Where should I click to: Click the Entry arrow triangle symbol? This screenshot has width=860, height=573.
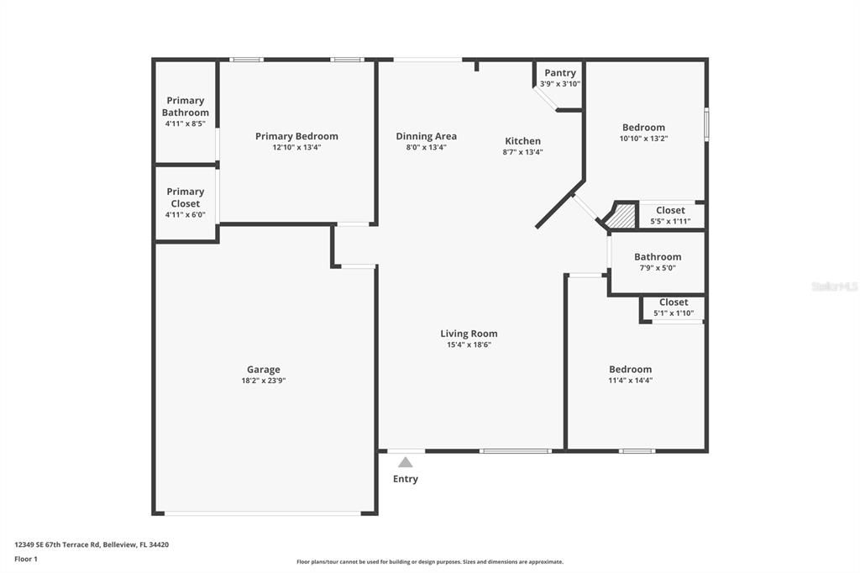pyautogui.click(x=406, y=462)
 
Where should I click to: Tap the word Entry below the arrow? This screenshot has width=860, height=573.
pyautogui.click(x=406, y=479)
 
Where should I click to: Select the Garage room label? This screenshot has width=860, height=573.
pyautogui.click(x=264, y=370)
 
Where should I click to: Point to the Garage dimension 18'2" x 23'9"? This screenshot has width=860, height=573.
pyautogui.click(x=264, y=381)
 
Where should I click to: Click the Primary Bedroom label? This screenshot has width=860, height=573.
pyautogui.click(x=296, y=136)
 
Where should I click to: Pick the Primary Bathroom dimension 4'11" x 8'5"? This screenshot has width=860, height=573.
pyautogui.click(x=186, y=124)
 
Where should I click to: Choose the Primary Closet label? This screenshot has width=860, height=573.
pyautogui.click(x=186, y=197)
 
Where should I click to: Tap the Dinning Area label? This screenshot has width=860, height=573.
pyautogui.click(x=427, y=136)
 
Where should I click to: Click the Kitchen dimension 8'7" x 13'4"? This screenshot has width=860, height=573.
pyautogui.click(x=522, y=152)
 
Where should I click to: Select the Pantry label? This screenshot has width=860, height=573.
pyautogui.click(x=560, y=73)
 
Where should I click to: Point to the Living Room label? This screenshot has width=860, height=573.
pyautogui.click(x=469, y=334)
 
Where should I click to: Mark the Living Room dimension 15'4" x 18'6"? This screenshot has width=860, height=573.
pyautogui.click(x=469, y=344)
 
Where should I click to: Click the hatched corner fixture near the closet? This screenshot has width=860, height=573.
pyautogui.click(x=621, y=217)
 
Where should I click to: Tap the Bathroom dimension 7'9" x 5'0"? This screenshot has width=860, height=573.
pyautogui.click(x=658, y=268)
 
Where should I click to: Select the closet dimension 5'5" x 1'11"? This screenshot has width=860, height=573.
pyautogui.click(x=670, y=222)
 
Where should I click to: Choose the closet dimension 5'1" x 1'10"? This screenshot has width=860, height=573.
pyautogui.click(x=674, y=313)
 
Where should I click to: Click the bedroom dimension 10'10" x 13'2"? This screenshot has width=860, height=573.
pyautogui.click(x=643, y=139)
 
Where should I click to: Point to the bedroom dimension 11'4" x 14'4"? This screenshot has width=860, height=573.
pyautogui.click(x=630, y=381)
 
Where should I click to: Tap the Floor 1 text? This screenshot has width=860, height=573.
pyautogui.click(x=26, y=559)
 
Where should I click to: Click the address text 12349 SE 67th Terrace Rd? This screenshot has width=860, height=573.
pyautogui.click(x=59, y=544)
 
